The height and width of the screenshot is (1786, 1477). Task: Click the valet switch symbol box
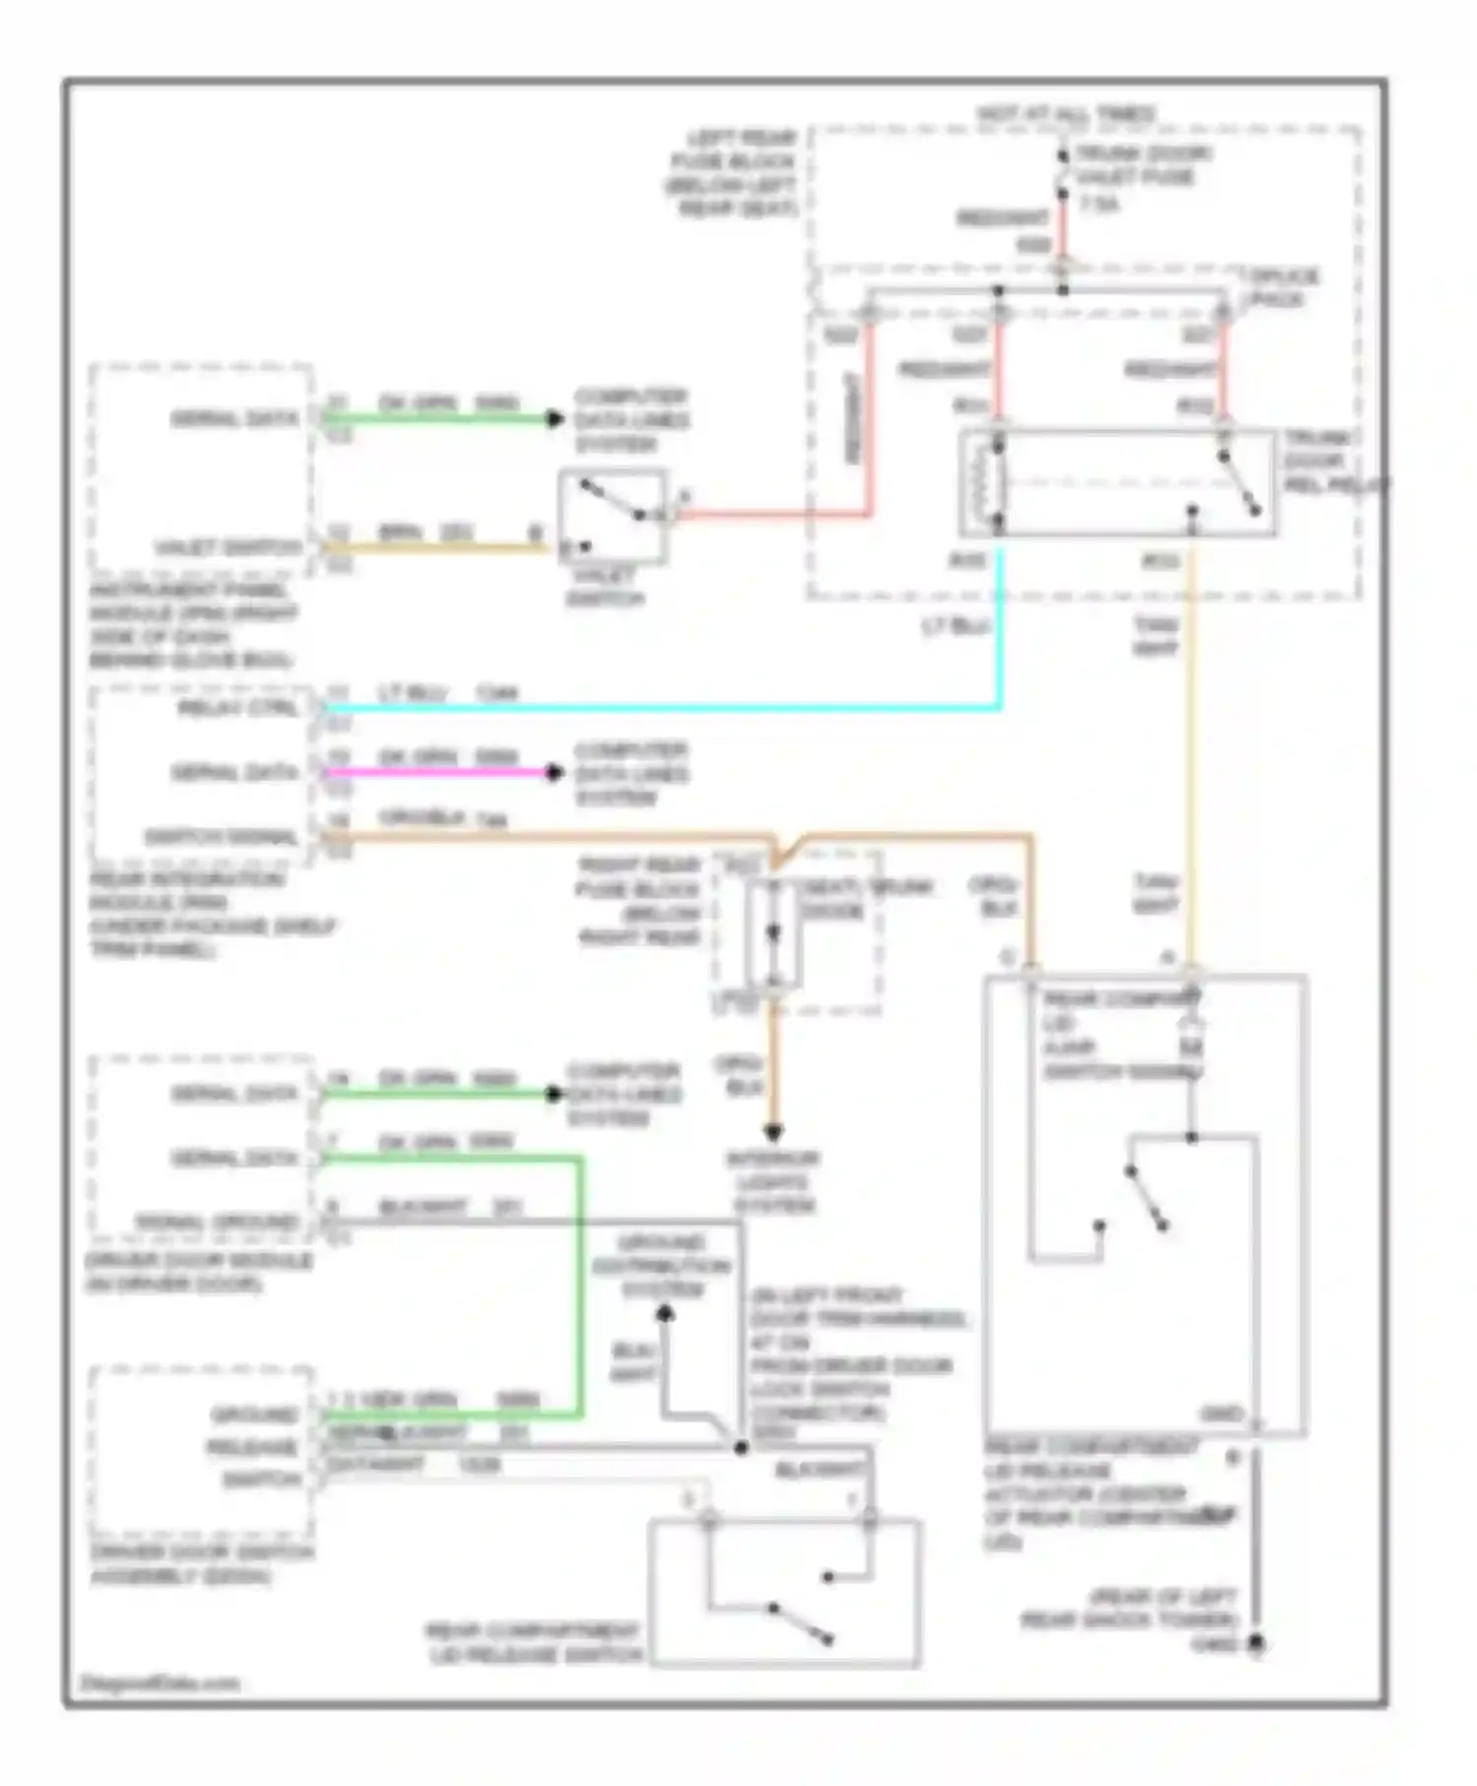click(611, 517)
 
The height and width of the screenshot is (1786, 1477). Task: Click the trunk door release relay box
click(1118, 483)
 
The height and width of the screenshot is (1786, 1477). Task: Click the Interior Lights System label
click(774, 1181)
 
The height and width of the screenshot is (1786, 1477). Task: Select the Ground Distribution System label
click(662, 1265)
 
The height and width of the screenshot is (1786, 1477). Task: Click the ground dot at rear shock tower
click(1256, 1644)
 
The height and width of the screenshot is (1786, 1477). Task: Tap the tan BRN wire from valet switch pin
click(433, 547)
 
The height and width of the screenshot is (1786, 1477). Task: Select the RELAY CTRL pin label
click(237, 708)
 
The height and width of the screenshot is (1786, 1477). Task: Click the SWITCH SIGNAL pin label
click(221, 838)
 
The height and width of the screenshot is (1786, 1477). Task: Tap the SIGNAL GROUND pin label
click(217, 1222)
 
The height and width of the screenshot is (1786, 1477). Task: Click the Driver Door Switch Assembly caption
click(202, 1564)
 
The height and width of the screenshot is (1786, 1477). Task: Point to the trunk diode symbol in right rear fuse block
click(774, 931)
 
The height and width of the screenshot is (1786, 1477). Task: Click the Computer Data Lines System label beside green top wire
click(631, 420)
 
